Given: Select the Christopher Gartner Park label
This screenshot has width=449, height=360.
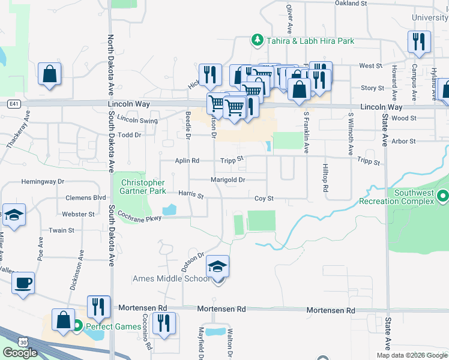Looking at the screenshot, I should [143, 187].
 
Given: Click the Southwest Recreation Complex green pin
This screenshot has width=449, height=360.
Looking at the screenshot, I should [443, 196].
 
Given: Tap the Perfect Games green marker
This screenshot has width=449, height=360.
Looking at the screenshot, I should [77, 327].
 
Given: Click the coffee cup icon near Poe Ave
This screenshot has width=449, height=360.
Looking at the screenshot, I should [23, 283].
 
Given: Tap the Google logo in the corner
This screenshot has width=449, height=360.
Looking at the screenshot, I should [20, 353].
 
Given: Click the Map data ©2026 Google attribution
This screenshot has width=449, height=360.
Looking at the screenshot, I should [412, 355].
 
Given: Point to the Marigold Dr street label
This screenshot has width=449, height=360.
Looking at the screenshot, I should [228, 179].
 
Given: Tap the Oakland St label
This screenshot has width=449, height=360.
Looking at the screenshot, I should [351, 4].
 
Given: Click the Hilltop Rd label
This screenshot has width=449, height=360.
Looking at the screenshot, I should [325, 178].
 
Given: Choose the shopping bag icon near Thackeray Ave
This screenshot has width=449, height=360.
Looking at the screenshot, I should [50, 74].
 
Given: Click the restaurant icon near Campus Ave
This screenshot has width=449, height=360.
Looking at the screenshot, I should [418, 41].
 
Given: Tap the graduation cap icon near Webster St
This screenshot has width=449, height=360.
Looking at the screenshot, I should [13, 215].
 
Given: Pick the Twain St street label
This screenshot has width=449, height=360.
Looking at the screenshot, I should [61, 230].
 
